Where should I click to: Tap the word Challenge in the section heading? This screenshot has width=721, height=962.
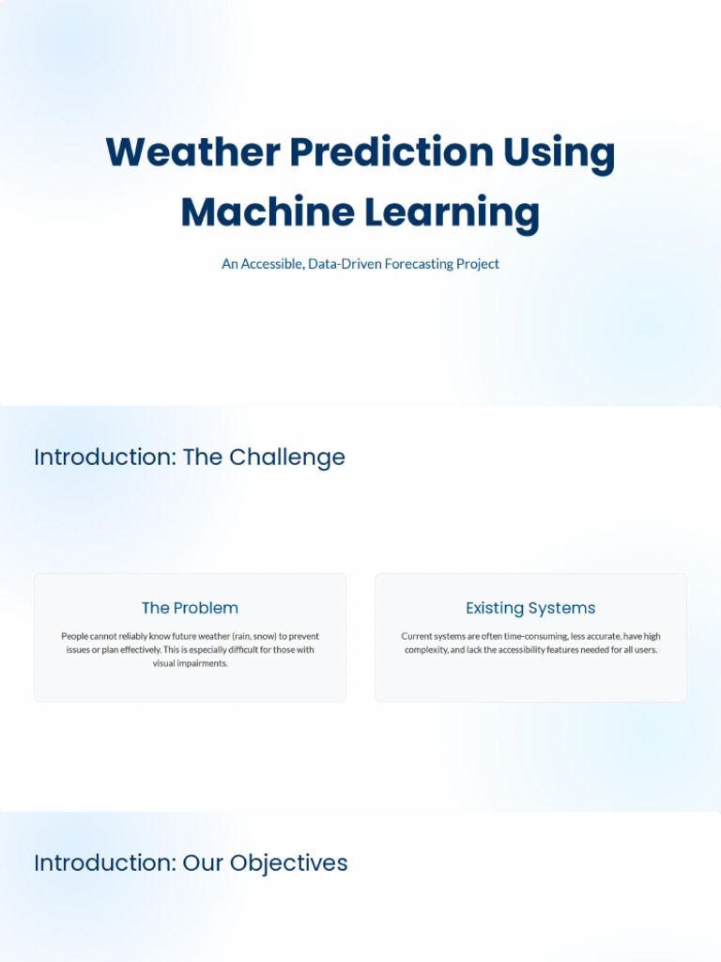coord(287,458)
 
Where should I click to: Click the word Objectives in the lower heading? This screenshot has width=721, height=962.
coord(289,863)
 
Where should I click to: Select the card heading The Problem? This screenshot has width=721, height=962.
coord(190,608)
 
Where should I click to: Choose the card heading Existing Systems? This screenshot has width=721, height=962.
coord(530,608)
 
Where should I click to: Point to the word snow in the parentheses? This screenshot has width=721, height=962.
coord(264,636)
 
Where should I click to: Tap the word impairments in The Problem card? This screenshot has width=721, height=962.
coord(202,663)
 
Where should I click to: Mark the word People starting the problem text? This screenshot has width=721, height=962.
coord(75,636)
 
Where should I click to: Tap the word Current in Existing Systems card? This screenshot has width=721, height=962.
coord(417,636)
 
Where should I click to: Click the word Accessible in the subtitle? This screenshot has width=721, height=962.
coord(270,264)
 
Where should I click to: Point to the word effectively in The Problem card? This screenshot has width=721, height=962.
coord(135,650)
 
